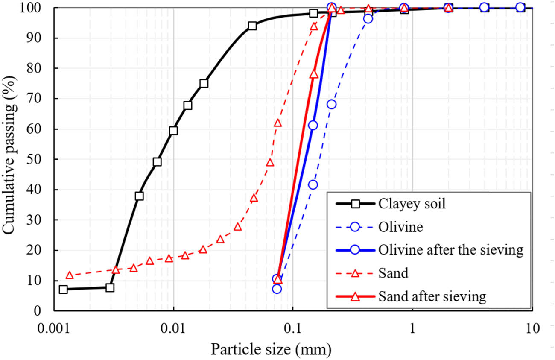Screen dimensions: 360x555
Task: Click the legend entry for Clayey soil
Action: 412,204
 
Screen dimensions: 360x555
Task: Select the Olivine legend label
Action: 400,227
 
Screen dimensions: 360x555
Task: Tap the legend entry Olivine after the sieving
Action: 451,250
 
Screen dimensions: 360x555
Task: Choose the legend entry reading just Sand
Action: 393,273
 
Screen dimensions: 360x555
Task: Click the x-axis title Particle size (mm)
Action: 271,350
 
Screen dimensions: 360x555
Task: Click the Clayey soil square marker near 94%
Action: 252,26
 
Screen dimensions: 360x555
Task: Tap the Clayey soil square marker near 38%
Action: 139,196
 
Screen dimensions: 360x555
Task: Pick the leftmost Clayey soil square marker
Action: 63,289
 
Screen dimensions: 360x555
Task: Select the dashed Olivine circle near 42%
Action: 313,184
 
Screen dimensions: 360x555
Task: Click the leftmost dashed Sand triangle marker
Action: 70,275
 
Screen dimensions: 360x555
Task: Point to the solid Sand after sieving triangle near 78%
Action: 314,74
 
